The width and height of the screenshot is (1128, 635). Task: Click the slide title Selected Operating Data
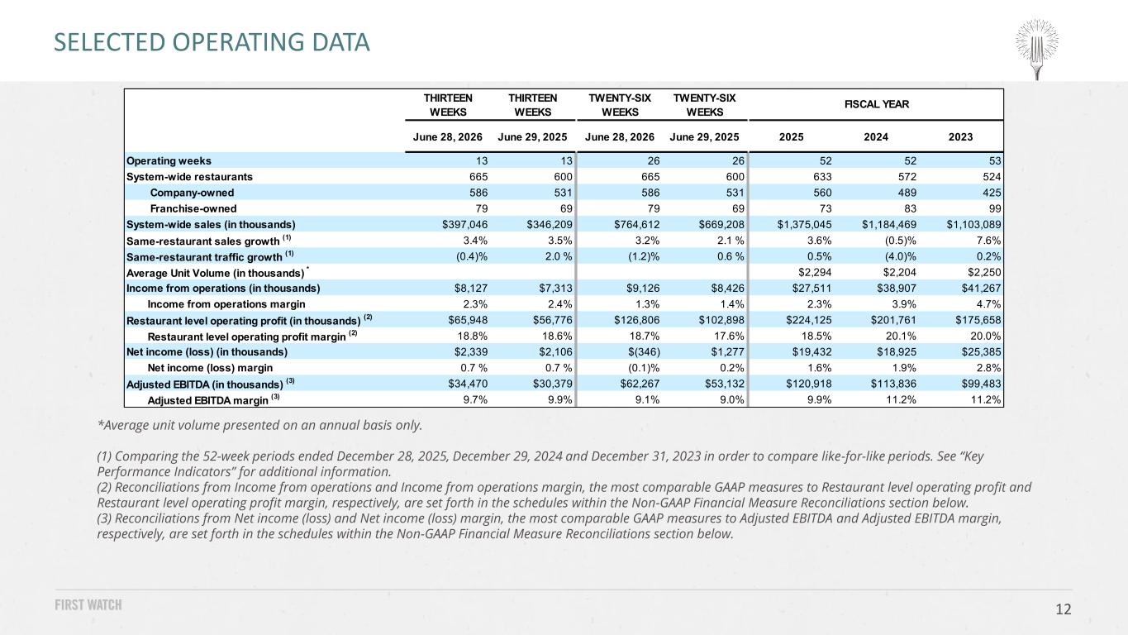pyautogui.click(x=212, y=42)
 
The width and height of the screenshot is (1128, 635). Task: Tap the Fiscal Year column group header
pyautogui.click(x=877, y=104)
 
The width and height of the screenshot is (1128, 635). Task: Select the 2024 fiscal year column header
pyautogui.click(x=876, y=137)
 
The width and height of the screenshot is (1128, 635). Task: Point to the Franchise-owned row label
pyautogui.click(x=193, y=208)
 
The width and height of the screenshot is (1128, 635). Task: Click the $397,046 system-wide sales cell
pyautogui.click(x=464, y=224)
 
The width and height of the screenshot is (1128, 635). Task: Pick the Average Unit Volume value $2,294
pyautogui.click(x=815, y=273)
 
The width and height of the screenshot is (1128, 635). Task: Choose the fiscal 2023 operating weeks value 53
pyautogui.click(x=995, y=160)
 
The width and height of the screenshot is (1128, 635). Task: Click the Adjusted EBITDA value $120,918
pyautogui.click(x=809, y=384)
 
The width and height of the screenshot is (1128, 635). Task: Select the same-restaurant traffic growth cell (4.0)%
pyautogui.click(x=901, y=256)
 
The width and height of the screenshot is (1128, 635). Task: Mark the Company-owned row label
pyautogui.click(x=192, y=193)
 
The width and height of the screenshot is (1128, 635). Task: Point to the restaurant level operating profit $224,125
pyautogui.click(x=809, y=320)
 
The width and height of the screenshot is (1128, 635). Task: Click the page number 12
pyautogui.click(x=1063, y=609)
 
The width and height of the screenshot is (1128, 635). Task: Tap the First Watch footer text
pyautogui.click(x=88, y=604)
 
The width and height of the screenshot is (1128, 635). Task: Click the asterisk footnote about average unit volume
pyautogui.click(x=259, y=425)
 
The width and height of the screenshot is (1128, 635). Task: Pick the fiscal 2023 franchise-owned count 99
pyautogui.click(x=995, y=208)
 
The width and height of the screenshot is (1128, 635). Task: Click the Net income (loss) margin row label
pyautogui.click(x=210, y=368)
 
